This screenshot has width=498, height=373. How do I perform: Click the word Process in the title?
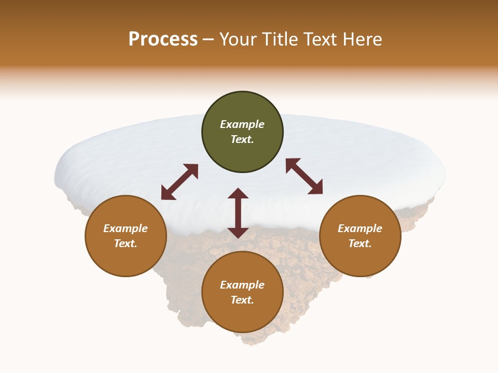click(x=163, y=39)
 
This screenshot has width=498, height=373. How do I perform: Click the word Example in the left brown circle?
click(x=126, y=228)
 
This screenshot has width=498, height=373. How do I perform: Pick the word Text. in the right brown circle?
click(x=360, y=243)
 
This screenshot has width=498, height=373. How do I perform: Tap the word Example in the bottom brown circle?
click(x=242, y=285)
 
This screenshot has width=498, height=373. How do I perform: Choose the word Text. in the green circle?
click(x=242, y=139)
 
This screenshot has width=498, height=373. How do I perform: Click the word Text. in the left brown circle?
click(x=126, y=243)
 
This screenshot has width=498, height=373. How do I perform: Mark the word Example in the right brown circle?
click(x=360, y=228)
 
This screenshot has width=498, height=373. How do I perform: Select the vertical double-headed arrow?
click(x=238, y=213)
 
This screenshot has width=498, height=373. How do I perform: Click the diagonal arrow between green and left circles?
click(x=179, y=182)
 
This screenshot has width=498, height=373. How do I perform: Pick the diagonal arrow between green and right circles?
click(x=304, y=176)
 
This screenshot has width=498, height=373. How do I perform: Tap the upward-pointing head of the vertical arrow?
click(x=238, y=194)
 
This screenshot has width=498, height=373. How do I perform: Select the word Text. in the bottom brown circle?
click(x=242, y=300)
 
